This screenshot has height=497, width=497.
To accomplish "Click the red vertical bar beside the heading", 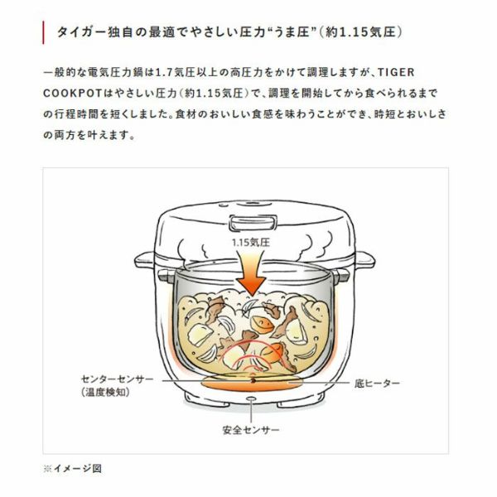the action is click(x=43, y=32).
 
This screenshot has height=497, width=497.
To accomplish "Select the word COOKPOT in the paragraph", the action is click(x=71, y=94).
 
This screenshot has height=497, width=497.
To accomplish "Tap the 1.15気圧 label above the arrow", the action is click(x=251, y=243).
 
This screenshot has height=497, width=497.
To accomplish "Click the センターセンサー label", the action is click(x=118, y=379).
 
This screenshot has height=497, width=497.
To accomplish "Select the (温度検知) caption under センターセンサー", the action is click(x=105, y=393).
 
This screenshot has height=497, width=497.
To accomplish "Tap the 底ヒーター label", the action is click(x=377, y=384).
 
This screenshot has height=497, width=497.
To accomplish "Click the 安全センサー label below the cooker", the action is click(x=251, y=430).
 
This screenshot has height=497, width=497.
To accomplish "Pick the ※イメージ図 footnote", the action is click(x=73, y=468).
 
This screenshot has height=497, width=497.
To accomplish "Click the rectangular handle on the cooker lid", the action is click(x=253, y=222).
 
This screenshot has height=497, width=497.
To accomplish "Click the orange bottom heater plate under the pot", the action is click(x=252, y=384).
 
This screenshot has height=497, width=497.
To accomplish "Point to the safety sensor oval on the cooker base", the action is click(x=251, y=398).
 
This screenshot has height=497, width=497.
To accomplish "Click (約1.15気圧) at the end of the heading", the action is click(x=359, y=32).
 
